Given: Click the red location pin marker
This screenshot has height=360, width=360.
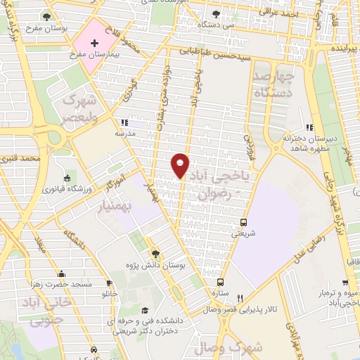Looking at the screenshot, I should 180,165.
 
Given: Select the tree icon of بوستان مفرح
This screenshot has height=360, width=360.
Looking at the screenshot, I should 46,15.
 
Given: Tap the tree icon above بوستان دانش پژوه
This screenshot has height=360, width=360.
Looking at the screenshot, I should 155,253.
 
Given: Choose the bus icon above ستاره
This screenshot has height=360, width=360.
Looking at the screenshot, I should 220,281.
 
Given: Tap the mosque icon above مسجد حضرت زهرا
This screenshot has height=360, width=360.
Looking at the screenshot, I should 61,274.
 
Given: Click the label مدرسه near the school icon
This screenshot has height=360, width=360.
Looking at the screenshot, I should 126,132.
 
